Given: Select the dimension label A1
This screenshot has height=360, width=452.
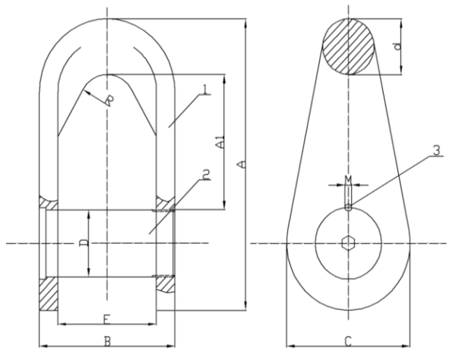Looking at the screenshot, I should pyautogui.click(x=219, y=142).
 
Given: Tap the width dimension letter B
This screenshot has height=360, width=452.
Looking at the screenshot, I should pyautogui.click(x=108, y=340).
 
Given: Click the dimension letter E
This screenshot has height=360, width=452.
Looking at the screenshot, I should pyautogui.click(x=107, y=317).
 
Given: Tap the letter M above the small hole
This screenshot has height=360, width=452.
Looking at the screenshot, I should pyautogui.click(x=348, y=179).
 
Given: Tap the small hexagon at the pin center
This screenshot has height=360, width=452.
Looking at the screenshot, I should pyautogui.click(x=348, y=243).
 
